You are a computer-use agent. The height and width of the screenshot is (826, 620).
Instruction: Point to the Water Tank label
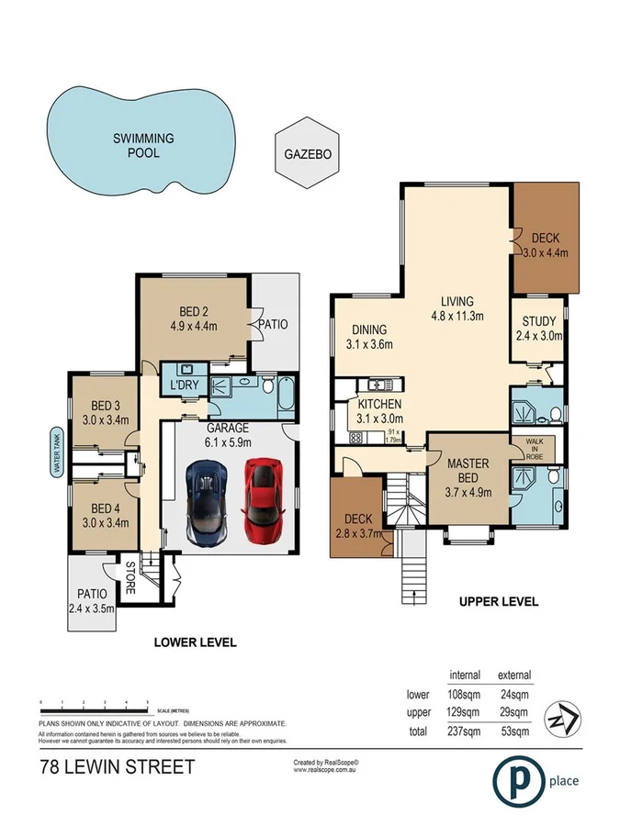56,454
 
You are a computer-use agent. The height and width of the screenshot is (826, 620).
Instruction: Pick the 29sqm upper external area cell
513,711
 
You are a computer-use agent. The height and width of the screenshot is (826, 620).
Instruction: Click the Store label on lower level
131,576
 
